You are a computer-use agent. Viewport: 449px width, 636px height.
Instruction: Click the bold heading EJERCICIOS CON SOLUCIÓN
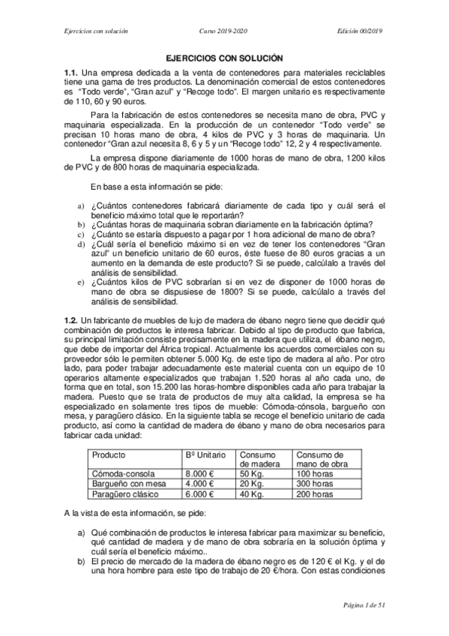click(224, 57)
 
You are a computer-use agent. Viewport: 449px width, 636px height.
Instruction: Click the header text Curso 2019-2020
click(223, 31)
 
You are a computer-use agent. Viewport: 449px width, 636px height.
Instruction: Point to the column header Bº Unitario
click(204, 454)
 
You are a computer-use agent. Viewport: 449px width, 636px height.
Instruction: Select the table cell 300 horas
click(315, 484)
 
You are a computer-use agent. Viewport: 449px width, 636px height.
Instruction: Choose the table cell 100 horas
click(315, 474)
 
